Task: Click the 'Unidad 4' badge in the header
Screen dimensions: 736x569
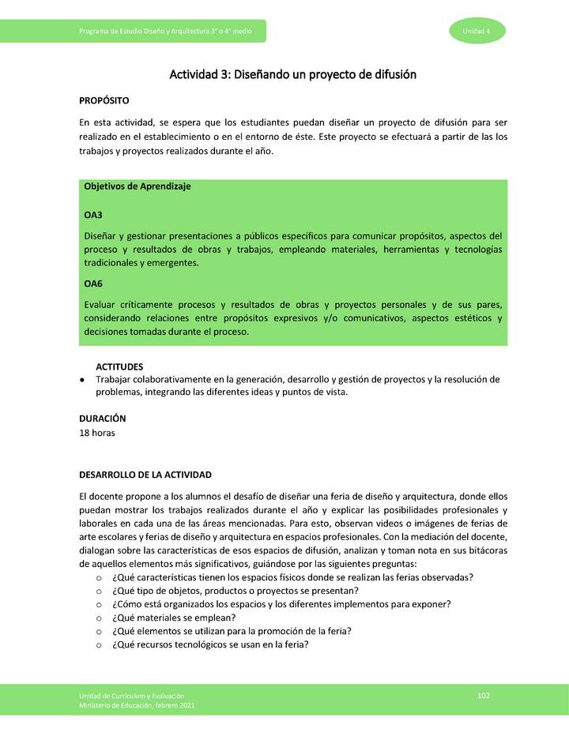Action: pos(477,31)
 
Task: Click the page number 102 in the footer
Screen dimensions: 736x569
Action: pos(484,695)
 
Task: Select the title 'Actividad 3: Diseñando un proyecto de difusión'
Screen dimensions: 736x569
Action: pos(292,75)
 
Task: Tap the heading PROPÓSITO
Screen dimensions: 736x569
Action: pos(104,101)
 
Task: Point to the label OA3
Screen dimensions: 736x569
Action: pos(93,215)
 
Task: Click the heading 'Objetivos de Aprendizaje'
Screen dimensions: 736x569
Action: pos(137,186)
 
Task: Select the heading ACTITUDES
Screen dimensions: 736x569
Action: pos(119,367)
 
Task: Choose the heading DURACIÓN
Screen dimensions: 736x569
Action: pos(103,419)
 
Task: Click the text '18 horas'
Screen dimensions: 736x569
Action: pos(98,433)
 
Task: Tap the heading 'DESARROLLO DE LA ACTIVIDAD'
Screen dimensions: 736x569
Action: pos(145,475)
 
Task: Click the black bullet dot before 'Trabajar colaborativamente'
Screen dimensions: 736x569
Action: pos(83,380)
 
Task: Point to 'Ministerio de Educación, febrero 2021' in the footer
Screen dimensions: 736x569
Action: pos(137,705)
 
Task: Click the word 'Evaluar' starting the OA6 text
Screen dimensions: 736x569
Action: pos(100,305)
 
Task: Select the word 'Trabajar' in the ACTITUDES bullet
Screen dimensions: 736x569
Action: pos(116,380)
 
